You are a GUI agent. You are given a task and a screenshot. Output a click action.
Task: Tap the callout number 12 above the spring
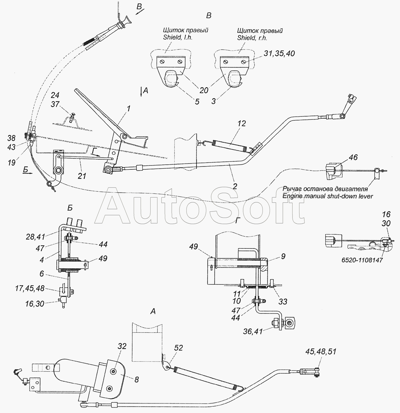(241, 123)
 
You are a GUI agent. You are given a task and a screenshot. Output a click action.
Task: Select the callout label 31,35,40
(279, 53)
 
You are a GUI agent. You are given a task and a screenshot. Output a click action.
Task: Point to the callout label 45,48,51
(321, 352)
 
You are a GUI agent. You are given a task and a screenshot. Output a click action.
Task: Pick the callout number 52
(178, 348)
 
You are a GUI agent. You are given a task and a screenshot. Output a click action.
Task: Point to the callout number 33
(282, 302)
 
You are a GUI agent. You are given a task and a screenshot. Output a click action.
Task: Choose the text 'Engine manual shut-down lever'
(328, 196)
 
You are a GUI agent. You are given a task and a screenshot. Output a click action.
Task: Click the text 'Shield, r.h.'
(252, 38)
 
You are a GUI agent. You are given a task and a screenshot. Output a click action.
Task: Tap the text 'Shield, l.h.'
(178, 37)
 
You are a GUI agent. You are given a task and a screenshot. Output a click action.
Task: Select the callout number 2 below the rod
(235, 186)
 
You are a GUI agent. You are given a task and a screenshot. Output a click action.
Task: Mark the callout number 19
(11, 163)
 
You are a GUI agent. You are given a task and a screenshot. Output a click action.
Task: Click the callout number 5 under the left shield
(197, 102)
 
